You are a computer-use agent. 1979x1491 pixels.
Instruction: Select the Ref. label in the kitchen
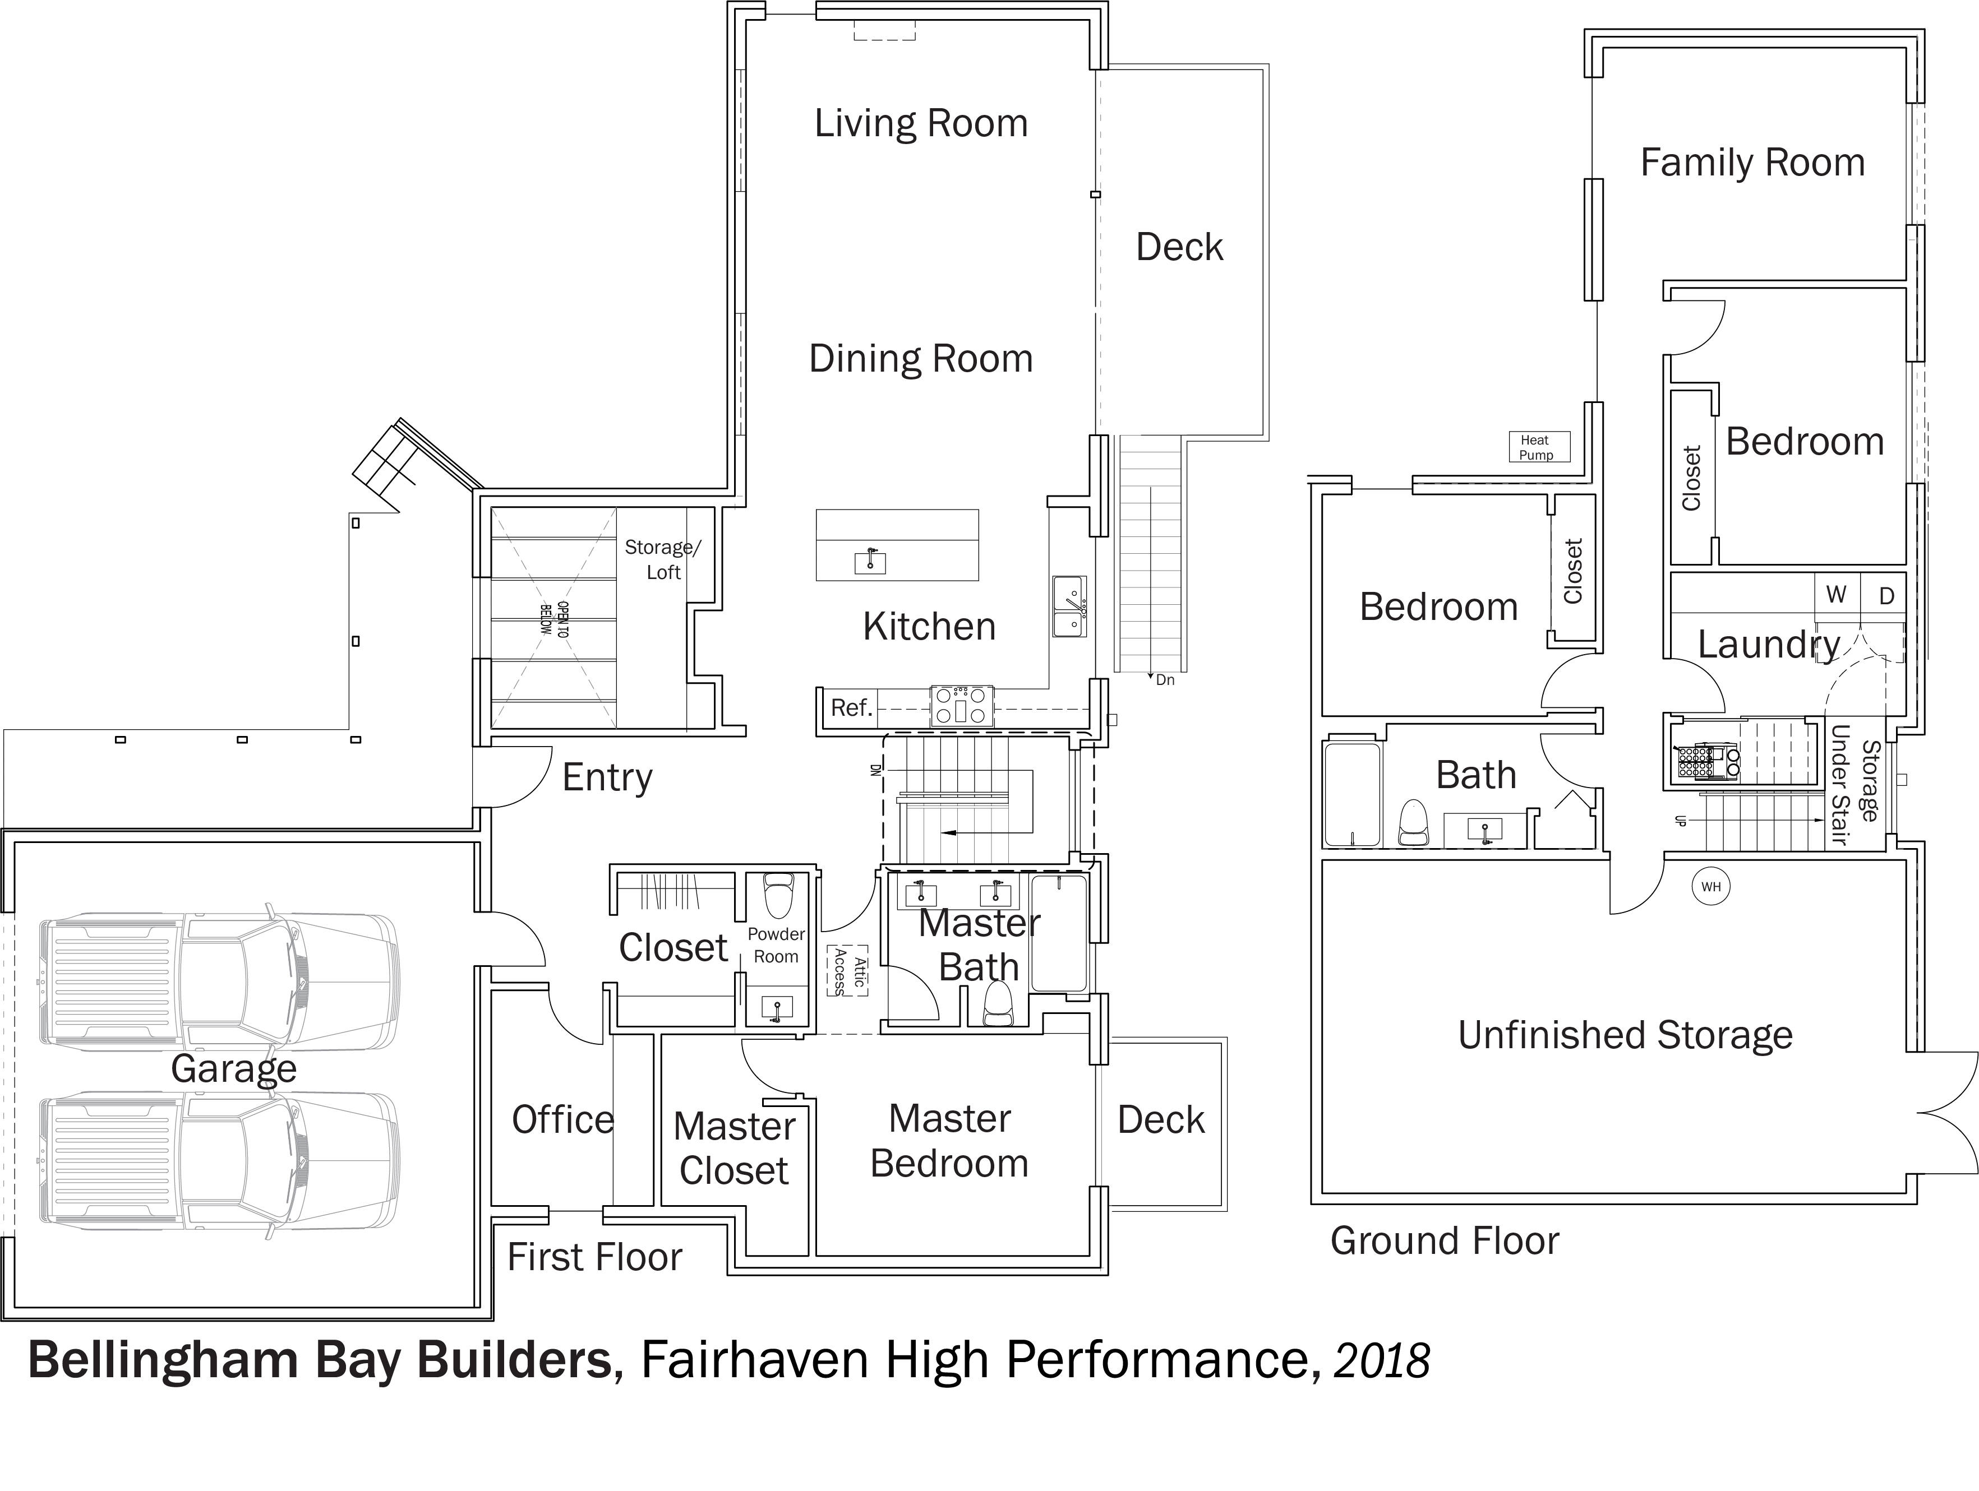click(851, 707)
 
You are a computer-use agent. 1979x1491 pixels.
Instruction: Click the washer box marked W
click(1836, 594)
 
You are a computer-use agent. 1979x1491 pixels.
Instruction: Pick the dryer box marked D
click(1886, 596)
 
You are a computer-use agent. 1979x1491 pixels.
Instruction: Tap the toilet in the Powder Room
click(778, 895)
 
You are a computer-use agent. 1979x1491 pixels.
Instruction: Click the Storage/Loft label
click(663, 559)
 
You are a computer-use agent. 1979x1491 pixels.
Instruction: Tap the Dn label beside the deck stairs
click(1164, 680)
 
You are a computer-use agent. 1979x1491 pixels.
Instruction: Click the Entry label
click(607, 777)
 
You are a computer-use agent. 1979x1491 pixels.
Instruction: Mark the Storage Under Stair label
click(1854, 784)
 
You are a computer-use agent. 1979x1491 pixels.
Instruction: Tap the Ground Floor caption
click(1444, 1240)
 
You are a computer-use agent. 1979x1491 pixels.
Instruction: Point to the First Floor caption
click(594, 1257)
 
